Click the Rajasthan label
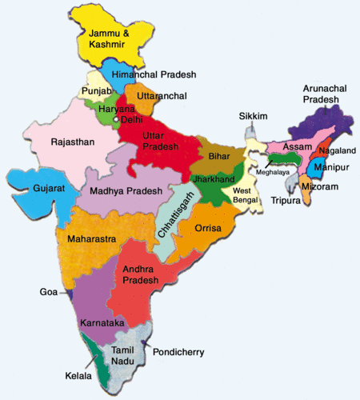click(x=71, y=142)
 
